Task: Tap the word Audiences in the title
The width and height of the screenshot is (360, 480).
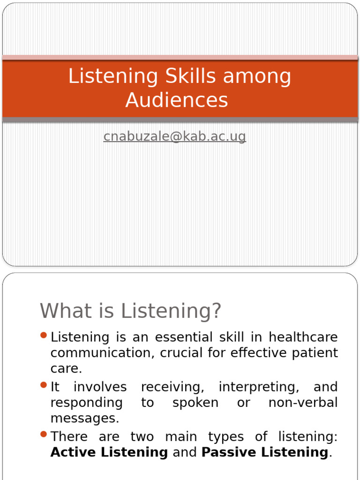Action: pos(177,100)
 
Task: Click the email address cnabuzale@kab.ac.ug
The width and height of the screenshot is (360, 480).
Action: pos(174,136)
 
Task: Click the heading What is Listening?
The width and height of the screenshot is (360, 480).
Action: pos(130,311)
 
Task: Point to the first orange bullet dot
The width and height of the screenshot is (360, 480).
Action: pos(44,335)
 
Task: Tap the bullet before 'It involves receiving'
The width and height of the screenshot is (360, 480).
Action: pos(44,385)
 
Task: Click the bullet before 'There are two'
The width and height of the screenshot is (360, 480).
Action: pos(44,435)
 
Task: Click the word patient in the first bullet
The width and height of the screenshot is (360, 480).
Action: pos(315,353)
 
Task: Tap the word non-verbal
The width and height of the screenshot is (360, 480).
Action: pos(303,403)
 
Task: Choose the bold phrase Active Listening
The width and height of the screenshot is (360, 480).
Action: pos(109,452)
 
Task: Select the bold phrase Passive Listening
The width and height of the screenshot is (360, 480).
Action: pos(264,452)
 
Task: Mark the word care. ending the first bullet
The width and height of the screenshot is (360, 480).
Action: pos(66,369)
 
